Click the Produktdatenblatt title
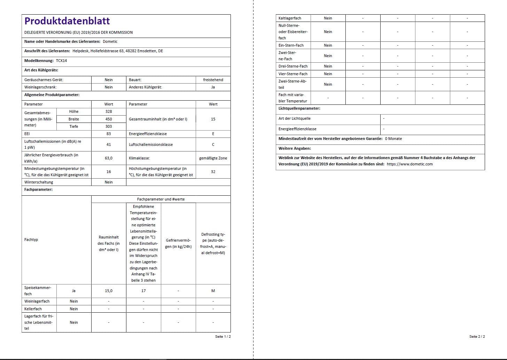[67, 21]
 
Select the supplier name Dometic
[110, 41]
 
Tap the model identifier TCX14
[61, 61]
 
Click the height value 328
[109, 111]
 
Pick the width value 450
[109, 119]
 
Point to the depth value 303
[109, 126]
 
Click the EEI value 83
[109, 134]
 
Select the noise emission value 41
[109, 144]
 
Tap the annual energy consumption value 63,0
[109, 158]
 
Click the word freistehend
[213, 80]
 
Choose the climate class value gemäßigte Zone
[213, 158]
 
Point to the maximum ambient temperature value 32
[213, 172]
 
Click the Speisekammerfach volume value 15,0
[109, 291]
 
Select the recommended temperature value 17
[143, 291]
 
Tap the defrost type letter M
[213, 291]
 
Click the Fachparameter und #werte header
[161, 199]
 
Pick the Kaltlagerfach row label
[290, 18]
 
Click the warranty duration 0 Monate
[393, 139]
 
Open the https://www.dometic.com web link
[409, 164]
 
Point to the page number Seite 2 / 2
[477, 336]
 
